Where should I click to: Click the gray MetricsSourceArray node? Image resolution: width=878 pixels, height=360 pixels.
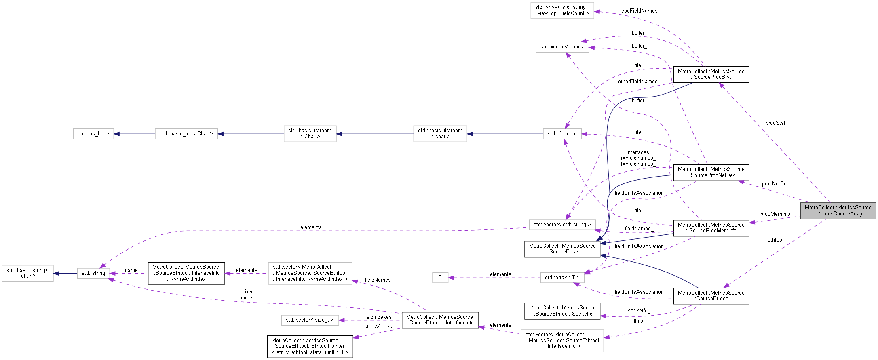[x=838, y=211]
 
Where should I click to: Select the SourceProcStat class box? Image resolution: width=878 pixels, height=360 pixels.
[x=711, y=74]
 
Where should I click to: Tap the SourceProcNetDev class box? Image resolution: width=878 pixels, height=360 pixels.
[x=711, y=172]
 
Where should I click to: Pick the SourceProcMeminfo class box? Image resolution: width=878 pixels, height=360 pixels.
[x=711, y=228]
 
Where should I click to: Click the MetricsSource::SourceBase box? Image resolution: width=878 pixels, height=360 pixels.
[x=562, y=249]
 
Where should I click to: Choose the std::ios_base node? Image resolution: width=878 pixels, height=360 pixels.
[x=93, y=134]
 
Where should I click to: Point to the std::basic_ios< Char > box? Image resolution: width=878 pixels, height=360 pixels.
[x=186, y=134]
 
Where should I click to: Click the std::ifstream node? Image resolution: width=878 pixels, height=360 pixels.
[x=562, y=134]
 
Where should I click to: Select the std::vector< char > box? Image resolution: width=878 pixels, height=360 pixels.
[x=562, y=47]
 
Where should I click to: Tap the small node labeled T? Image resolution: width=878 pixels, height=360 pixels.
[x=440, y=278]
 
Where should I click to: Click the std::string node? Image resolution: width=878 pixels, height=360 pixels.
[x=93, y=273]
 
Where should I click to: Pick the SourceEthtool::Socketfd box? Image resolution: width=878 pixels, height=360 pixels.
[x=562, y=311]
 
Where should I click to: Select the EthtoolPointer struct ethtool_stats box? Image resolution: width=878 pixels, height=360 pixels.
[x=310, y=346]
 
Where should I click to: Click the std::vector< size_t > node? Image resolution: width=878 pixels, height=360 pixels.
[x=310, y=320]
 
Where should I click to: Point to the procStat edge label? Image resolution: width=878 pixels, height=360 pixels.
[x=775, y=123]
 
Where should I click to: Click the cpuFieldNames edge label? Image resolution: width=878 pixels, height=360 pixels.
[x=639, y=11]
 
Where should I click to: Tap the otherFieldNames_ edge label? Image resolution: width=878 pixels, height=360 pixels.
[x=639, y=82]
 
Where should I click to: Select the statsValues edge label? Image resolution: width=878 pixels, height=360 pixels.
[x=378, y=327]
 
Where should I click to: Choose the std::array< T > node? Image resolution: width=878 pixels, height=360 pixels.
[x=562, y=278]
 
